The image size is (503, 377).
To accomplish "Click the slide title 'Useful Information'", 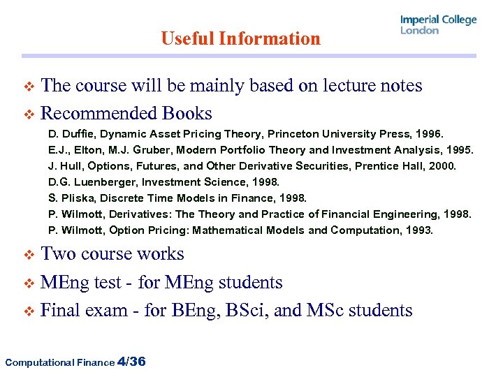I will coord(240,38).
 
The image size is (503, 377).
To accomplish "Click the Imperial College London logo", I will coord(438,24).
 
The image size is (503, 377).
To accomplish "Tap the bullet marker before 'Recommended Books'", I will coord(29,114).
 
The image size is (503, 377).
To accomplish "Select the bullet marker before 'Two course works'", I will coord(29,254).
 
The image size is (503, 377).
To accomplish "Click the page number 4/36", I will coord(132,361).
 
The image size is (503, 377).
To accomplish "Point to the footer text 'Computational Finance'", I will coord(59,362).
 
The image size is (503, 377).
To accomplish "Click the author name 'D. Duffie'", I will coord(68,133).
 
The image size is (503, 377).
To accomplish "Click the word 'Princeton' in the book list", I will coord(289,133).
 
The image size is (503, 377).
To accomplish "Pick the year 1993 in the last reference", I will coord(420,230).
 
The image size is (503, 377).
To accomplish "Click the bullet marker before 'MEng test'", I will coord(29,283).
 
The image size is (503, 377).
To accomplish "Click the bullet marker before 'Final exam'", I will coord(29,311).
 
